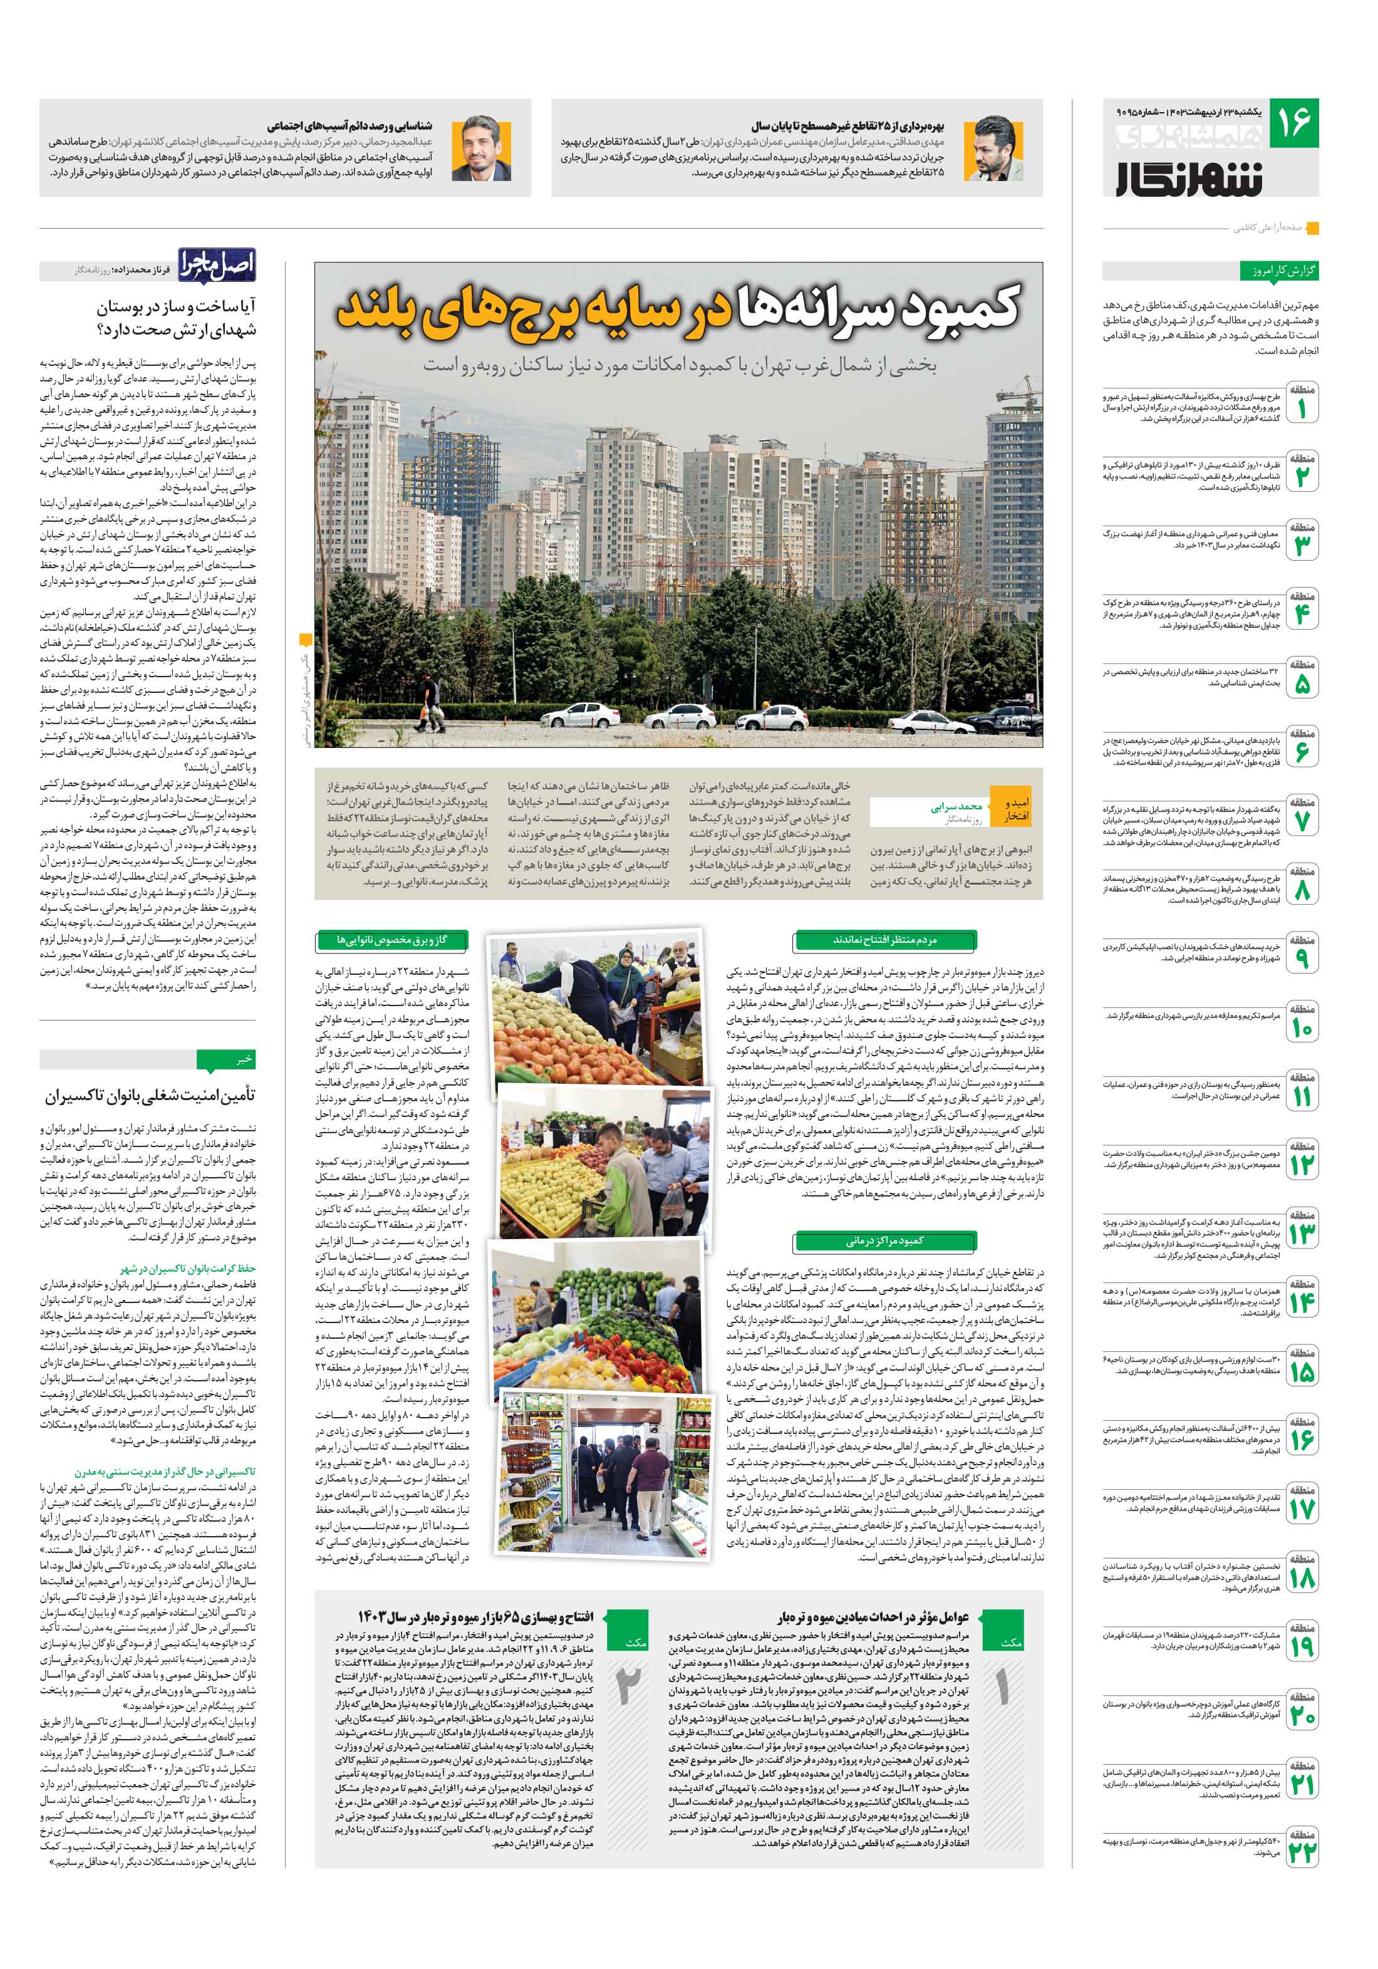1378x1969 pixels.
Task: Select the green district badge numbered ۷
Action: point(1302,819)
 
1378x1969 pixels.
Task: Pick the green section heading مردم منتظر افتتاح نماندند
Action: point(885,940)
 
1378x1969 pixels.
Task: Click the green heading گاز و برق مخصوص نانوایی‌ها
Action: point(392,940)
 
